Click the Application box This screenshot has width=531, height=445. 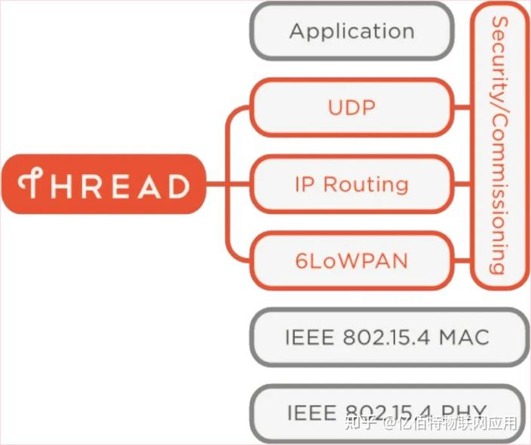pyautogui.click(x=351, y=32)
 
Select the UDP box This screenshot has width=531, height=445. pyautogui.click(x=351, y=108)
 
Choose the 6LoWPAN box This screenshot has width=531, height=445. pyautogui.click(x=351, y=261)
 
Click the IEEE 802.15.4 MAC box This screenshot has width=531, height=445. pyautogui.click(x=386, y=337)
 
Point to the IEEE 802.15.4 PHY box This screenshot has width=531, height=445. pyautogui.click(x=386, y=413)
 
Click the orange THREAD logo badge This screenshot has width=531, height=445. pyautogui.click(x=104, y=185)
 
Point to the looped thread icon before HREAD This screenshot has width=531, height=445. pyautogui.click(x=32, y=185)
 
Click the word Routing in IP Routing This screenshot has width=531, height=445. pyautogui.click(x=366, y=185)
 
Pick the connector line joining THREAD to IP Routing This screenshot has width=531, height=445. pyautogui.click(x=227, y=184)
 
